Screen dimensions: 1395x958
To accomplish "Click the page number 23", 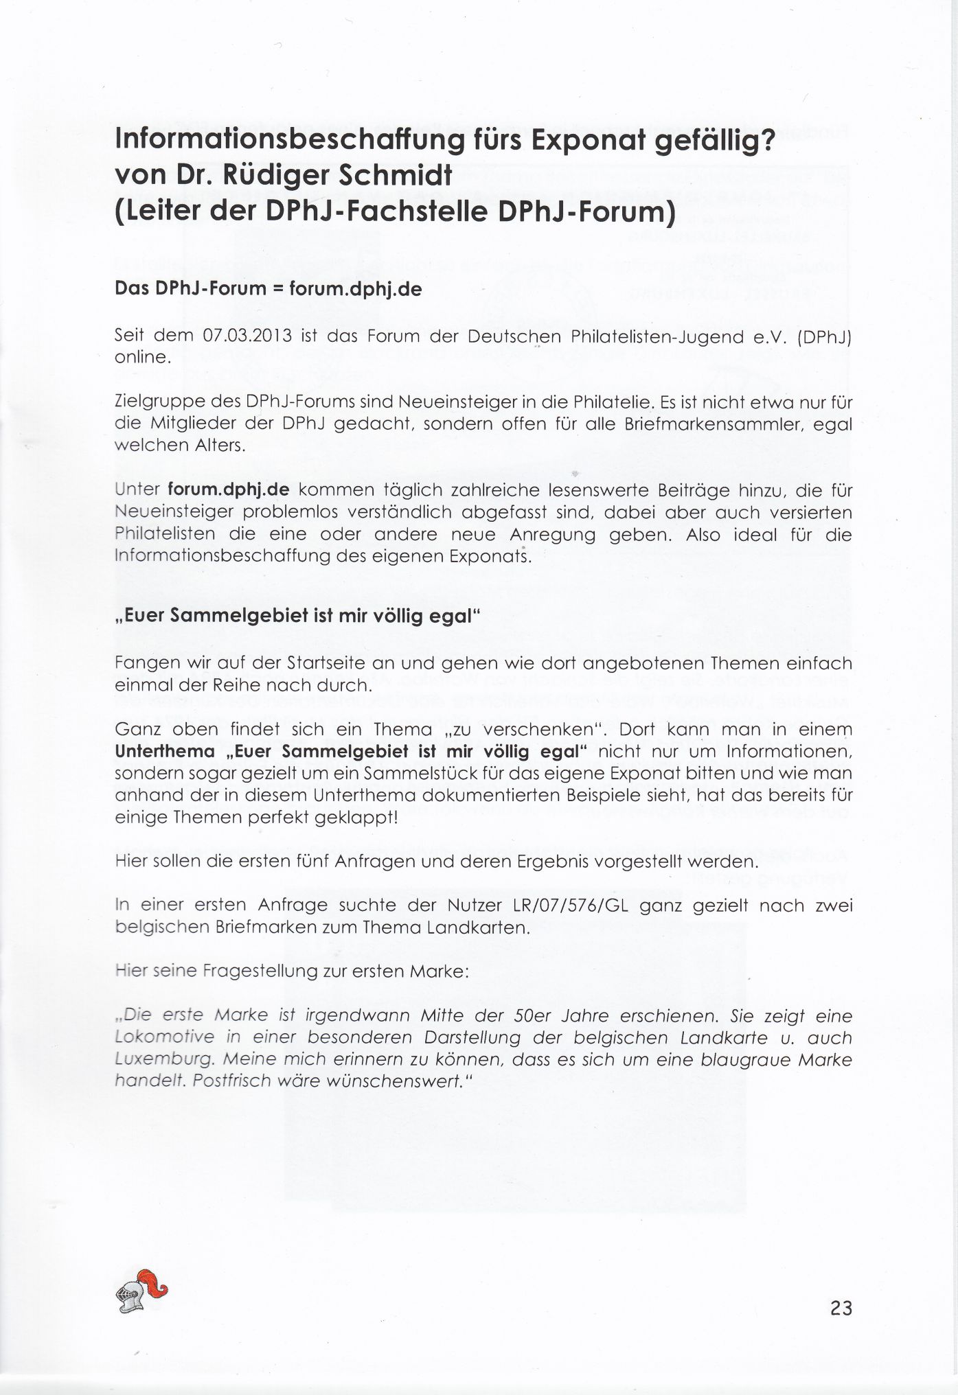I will (x=841, y=1308).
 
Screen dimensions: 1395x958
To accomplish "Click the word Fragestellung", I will (x=251, y=971).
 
